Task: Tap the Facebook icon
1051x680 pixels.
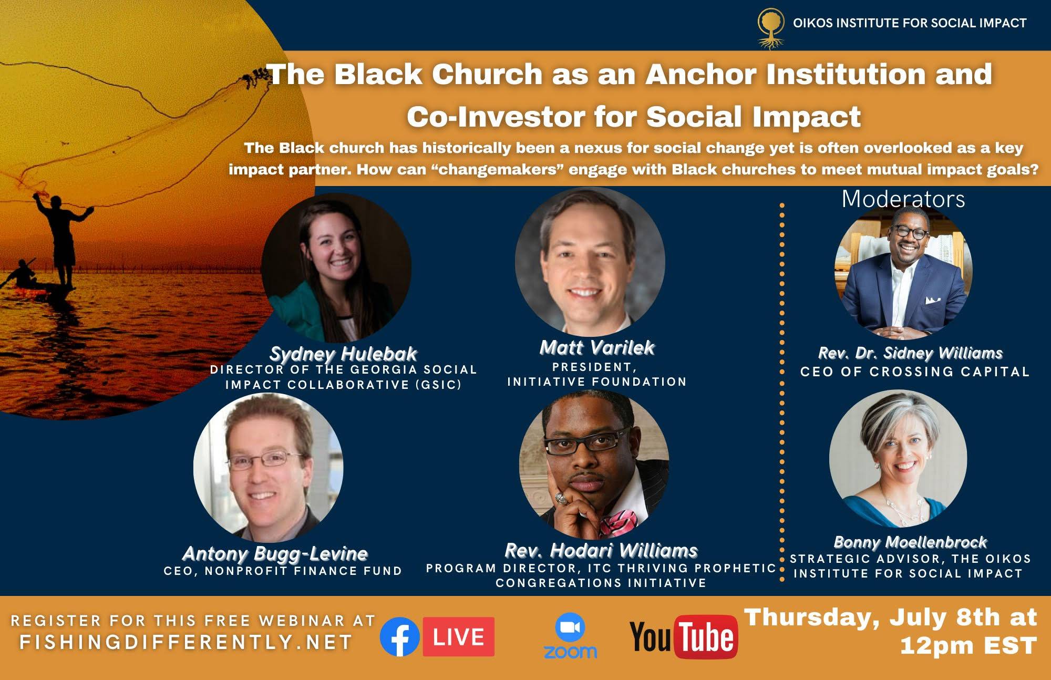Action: [399, 637]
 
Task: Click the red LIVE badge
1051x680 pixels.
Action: [458, 637]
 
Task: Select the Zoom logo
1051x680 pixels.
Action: [570, 636]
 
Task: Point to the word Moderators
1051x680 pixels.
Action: [903, 199]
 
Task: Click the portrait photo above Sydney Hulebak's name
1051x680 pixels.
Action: [336, 268]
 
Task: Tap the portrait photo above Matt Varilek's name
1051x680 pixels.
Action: [590, 262]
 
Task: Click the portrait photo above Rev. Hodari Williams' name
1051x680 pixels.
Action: [594, 465]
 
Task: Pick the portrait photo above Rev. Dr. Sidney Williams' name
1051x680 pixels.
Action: [903, 271]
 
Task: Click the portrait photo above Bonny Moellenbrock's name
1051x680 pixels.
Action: [898, 458]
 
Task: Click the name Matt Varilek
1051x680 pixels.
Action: [597, 347]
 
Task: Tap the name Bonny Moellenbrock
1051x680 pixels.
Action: [910, 542]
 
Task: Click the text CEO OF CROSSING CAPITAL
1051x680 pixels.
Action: [915, 372]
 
